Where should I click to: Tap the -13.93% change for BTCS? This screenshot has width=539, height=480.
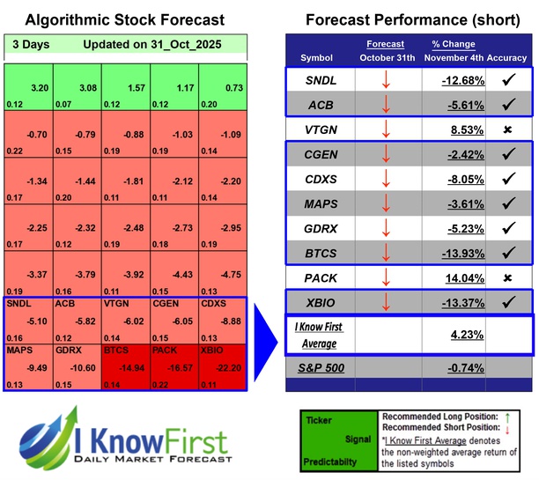[x=462, y=253]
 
